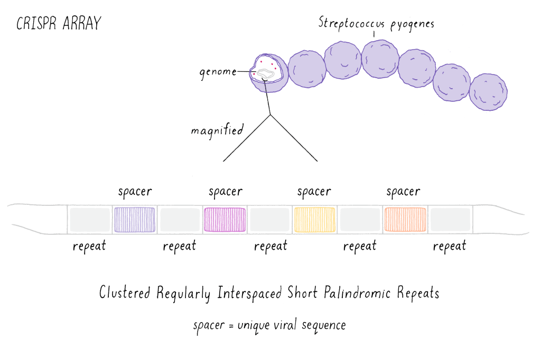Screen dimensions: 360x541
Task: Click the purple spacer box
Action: pos(135,220)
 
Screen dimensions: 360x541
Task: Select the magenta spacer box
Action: pos(225,220)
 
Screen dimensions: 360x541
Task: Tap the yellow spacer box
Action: pos(314,220)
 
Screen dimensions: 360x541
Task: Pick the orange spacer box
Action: pos(405,220)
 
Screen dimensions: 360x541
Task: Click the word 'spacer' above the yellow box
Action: pos(314,192)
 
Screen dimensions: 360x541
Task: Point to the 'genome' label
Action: pos(218,72)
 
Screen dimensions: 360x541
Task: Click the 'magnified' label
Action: pos(217,130)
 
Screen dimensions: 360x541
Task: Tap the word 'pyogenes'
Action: pos(412,25)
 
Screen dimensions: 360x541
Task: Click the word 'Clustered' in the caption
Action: pos(125,293)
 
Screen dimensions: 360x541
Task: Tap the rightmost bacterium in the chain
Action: pos(488,92)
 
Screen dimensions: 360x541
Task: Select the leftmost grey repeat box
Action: pos(89,220)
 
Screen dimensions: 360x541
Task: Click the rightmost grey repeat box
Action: pos(450,220)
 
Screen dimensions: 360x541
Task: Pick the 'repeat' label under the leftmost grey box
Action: pos(89,246)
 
